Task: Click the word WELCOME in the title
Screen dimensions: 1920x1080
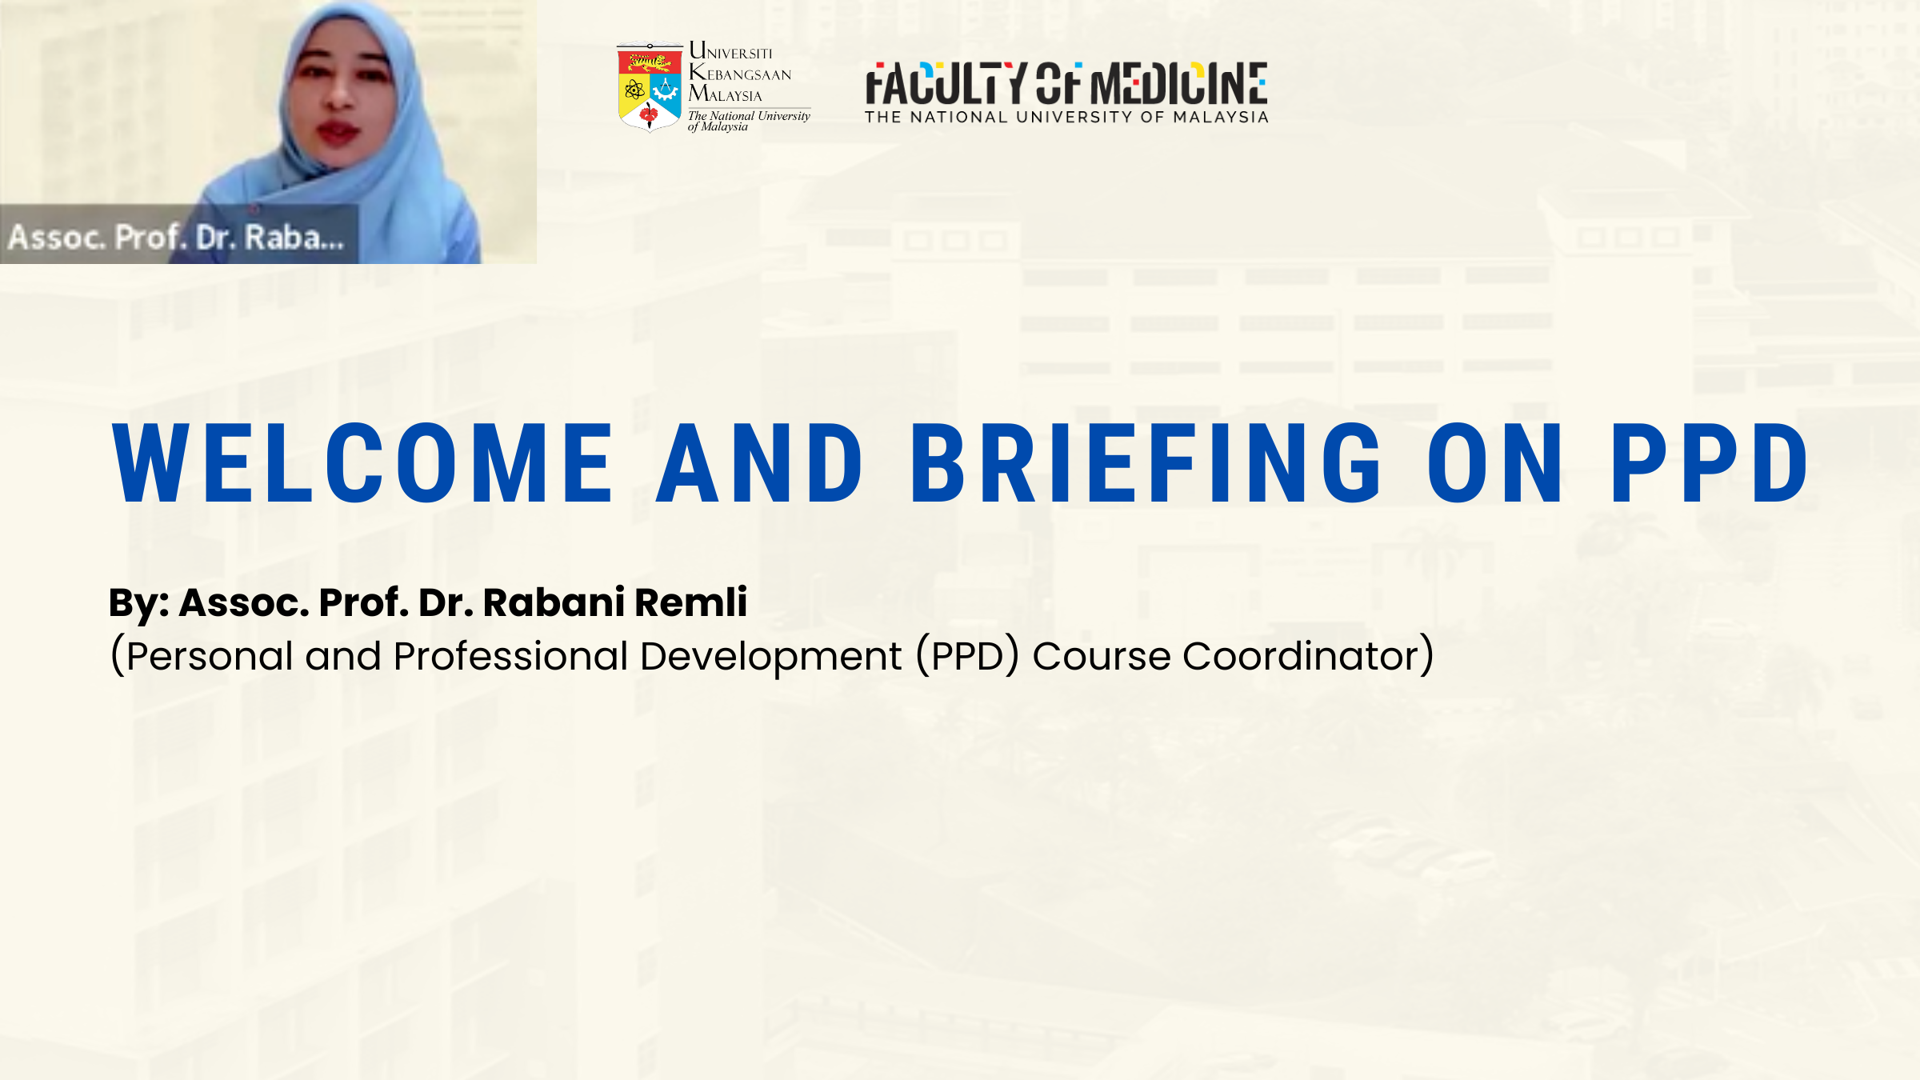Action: (x=362, y=463)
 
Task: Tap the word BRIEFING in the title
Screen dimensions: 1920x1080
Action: (x=1146, y=463)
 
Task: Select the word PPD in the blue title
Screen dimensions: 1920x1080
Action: (x=1709, y=463)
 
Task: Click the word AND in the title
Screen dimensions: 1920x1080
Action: (x=759, y=463)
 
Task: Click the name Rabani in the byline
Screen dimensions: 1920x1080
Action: (x=554, y=602)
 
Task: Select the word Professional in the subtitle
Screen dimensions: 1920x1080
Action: (x=510, y=656)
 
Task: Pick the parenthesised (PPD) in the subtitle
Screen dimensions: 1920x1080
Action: (x=967, y=656)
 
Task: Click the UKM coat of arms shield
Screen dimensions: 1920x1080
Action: (x=650, y=87)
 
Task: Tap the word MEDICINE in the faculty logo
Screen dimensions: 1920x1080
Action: (x=1178, y=84)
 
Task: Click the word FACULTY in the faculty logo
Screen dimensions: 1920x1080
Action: (x=945, y=84)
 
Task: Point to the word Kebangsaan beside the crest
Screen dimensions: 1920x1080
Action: (x=740, y=74)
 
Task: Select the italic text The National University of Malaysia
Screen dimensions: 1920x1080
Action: (x=749, y=121)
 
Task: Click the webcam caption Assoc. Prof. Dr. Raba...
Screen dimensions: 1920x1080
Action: (x=176, y=237)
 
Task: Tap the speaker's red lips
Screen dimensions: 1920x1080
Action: (x=338, y=131)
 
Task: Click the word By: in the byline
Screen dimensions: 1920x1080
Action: (x=138, y=603)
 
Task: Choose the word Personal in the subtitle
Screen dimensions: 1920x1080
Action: (x=210, y=656)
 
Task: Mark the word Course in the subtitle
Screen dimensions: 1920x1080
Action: (x=1101, y=656)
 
